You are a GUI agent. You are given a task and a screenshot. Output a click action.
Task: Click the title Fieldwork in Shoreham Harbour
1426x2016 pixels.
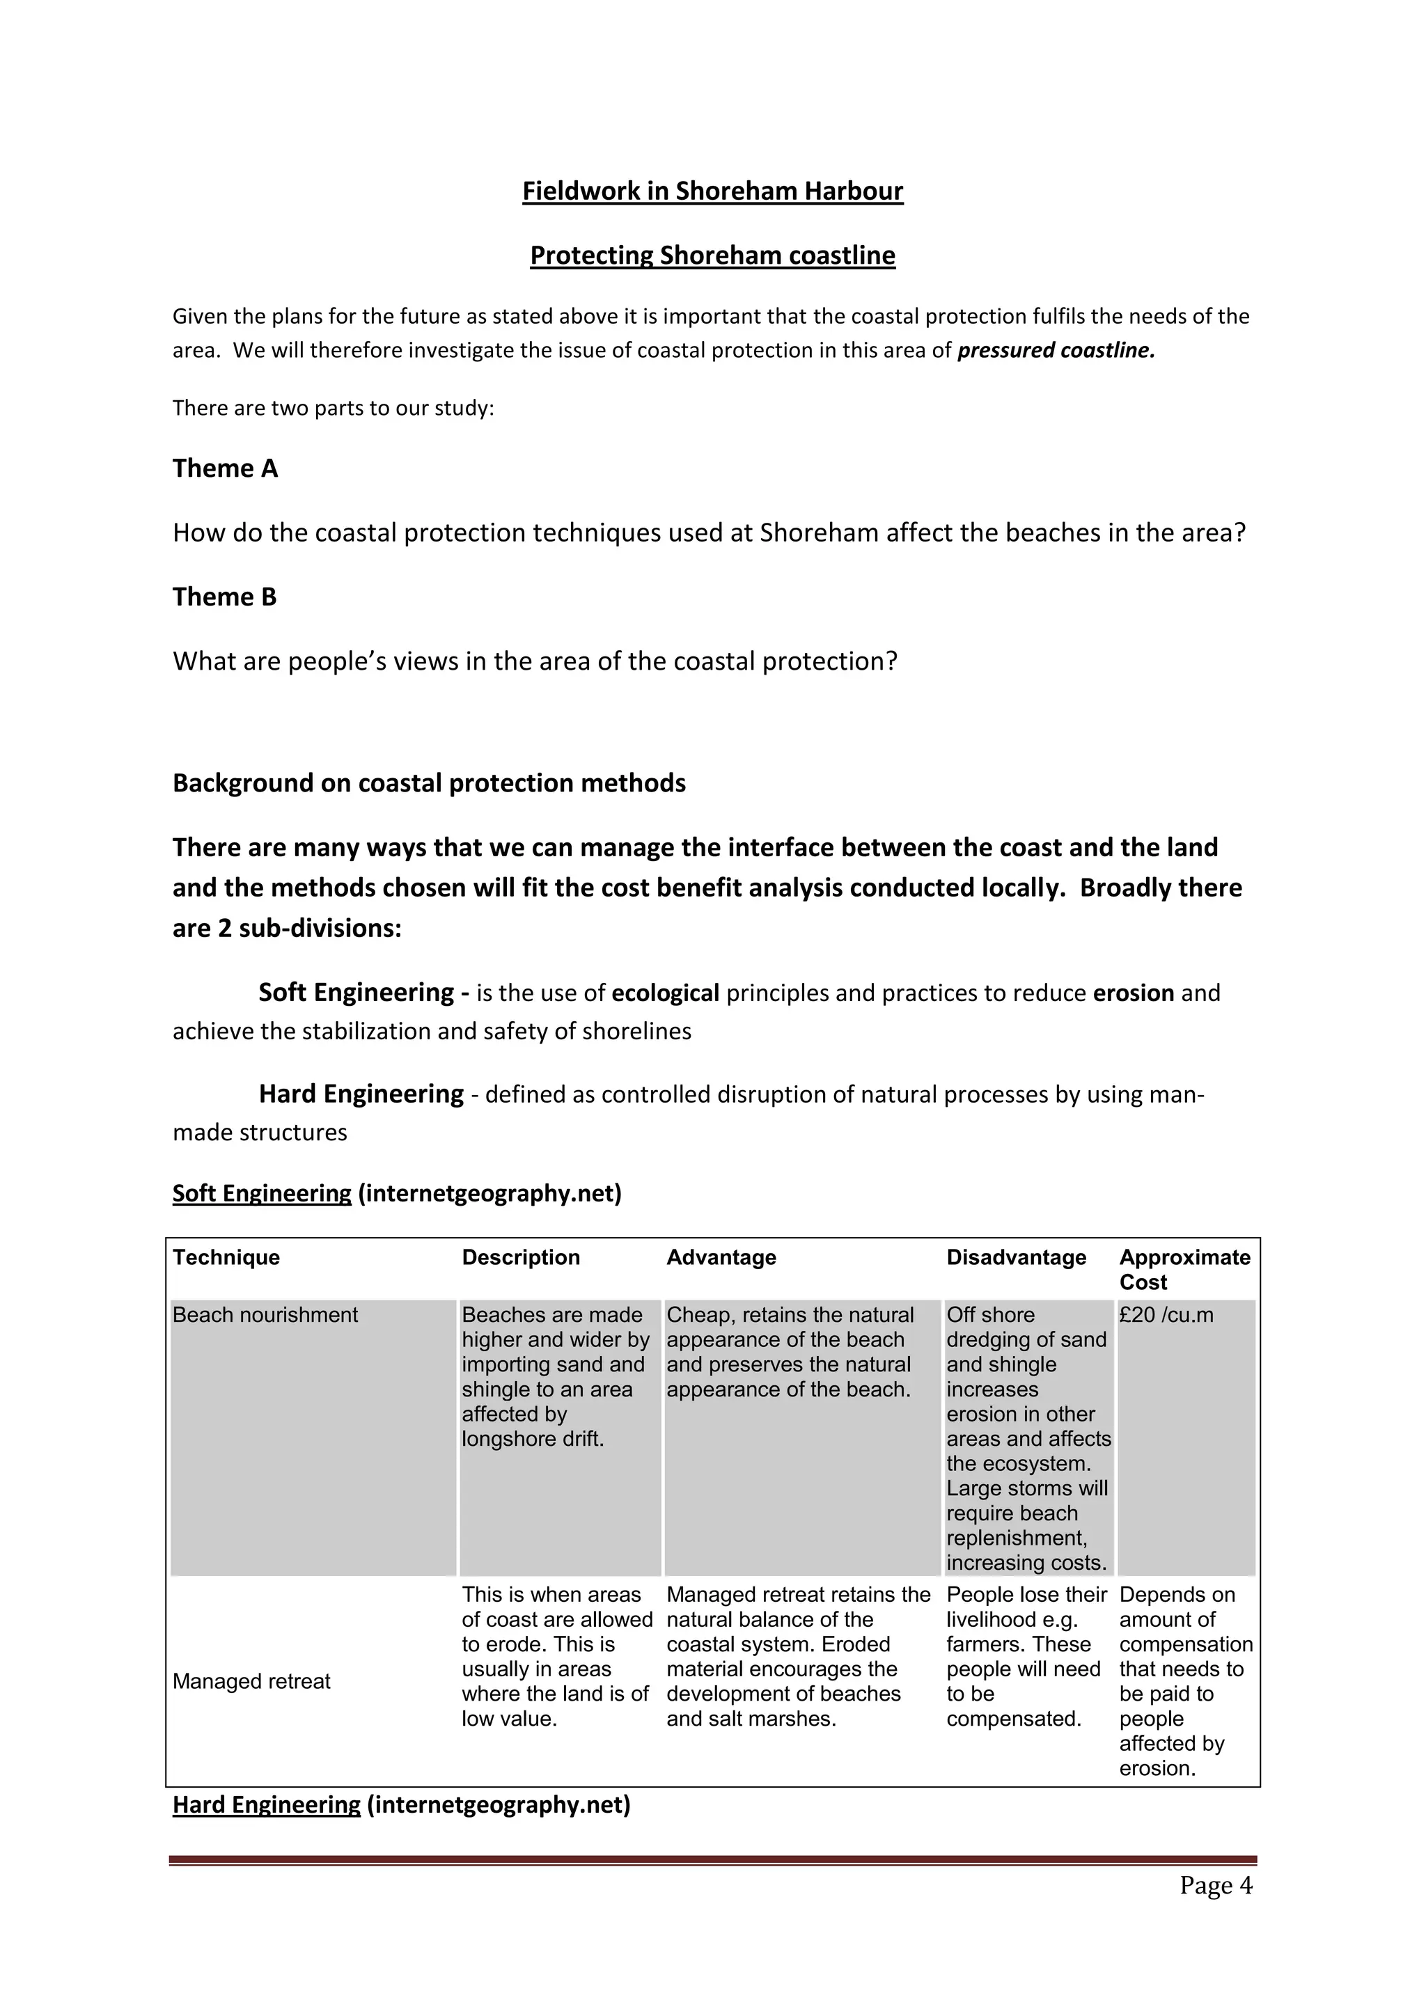[712, 191]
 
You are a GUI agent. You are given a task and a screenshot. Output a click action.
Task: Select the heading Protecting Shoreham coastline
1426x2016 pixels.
[712, 255]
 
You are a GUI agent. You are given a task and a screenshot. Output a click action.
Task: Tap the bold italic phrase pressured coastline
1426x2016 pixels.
[1056, 350]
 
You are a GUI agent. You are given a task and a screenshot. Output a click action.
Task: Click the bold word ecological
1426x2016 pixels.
[665, 993]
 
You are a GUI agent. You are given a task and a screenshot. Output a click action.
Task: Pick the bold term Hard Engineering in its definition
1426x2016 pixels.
[361, 1094]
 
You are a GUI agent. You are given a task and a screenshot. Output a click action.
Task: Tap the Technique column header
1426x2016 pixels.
[226, 1257]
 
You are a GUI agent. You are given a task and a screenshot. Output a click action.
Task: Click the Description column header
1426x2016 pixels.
[521, 1257]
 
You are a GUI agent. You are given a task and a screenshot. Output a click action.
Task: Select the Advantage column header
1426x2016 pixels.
[721, 1257]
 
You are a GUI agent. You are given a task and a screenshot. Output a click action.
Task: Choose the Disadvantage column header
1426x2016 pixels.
[1016, 1257]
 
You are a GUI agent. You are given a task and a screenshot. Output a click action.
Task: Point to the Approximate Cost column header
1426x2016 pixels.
[1184, 1269]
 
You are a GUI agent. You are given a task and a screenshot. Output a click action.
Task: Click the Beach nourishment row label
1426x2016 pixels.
[265, 1314]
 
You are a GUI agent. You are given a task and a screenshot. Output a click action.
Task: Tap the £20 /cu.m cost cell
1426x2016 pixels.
[1166, 1314]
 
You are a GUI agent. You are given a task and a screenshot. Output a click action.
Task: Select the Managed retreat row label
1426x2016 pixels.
[251, 1680]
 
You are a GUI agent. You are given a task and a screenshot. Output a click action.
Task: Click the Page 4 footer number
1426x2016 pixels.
[1215, 1885]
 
